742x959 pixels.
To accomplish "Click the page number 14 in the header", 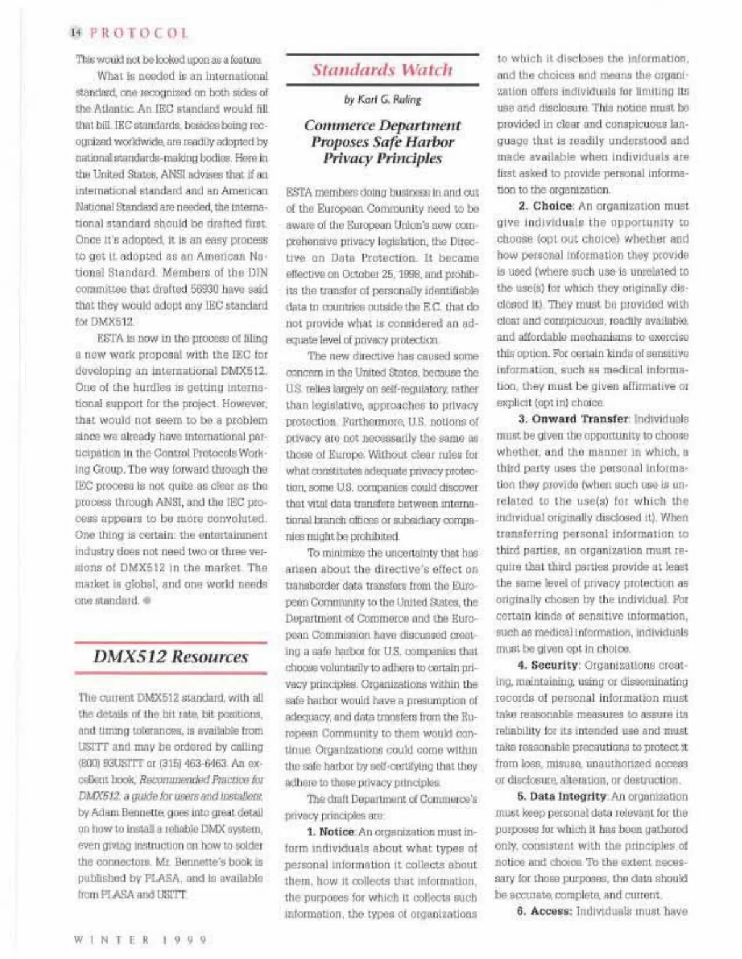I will click(77, 33).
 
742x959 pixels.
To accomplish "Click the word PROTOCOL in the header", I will click(139, 33).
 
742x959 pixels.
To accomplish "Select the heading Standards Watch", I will click(382, 70).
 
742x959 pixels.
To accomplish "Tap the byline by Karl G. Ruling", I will click(382, 99).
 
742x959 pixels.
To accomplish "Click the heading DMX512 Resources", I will click(171, 657).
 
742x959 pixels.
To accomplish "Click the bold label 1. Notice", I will click(331, 832).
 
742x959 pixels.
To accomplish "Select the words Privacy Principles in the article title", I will click(382, 158).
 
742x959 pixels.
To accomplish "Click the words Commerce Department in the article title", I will click(382, 126).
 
